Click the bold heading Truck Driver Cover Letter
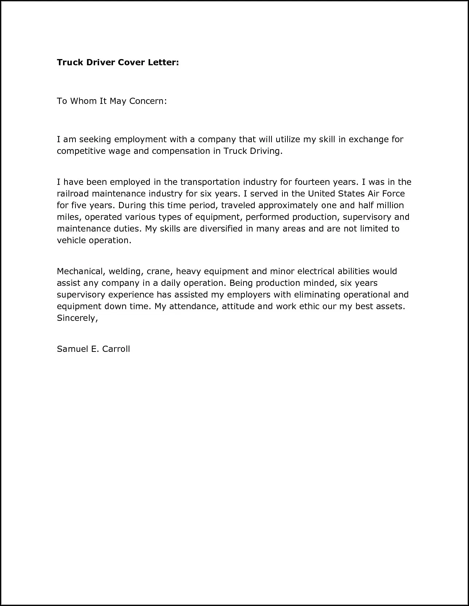pos(118,62)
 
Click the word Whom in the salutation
pos(83,101)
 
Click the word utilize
pos(288,139)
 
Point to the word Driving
pos(266,151)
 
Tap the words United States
pos(336,194)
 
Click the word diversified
pos(216,229)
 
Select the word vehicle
pos(71,240)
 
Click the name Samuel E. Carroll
pos(93,349)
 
